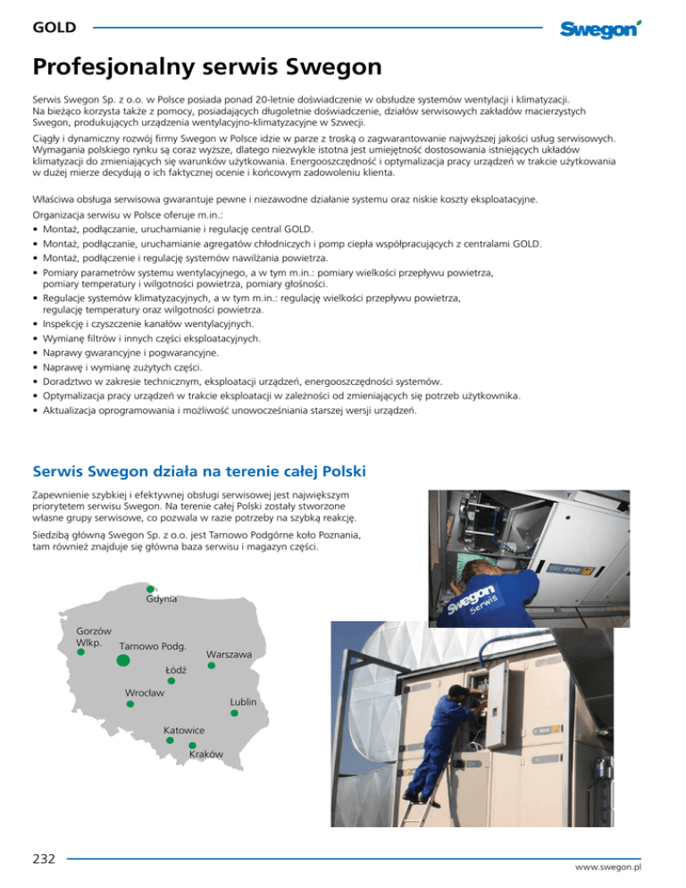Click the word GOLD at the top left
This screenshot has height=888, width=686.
[54, 28]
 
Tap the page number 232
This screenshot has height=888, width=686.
[41, 858]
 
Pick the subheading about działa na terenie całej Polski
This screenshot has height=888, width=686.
[200, 470]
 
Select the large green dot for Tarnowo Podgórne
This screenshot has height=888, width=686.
[124, 660]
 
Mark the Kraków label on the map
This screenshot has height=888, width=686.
[206, 755]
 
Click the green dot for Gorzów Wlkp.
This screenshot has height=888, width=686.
[80, 652]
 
